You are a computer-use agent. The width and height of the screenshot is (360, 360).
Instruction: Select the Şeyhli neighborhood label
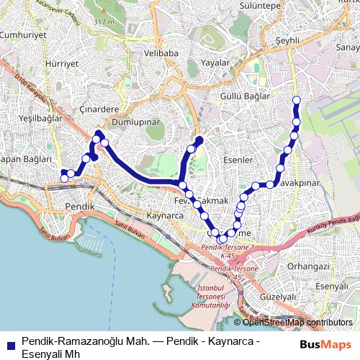coord(288,41)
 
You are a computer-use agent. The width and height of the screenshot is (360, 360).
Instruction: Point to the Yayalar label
coord(215,63)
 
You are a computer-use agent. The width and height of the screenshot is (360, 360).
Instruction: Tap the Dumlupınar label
coord(136,122)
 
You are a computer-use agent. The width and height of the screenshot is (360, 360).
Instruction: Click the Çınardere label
coord(100,110)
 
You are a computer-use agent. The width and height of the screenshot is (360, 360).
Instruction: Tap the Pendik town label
coord(75,206)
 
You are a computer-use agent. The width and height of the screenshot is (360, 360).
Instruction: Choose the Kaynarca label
coord(165,215)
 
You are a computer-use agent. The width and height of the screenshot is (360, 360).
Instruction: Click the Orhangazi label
coord(307,266)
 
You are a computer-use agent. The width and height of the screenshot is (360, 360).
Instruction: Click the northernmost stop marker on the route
coord(296,99)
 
